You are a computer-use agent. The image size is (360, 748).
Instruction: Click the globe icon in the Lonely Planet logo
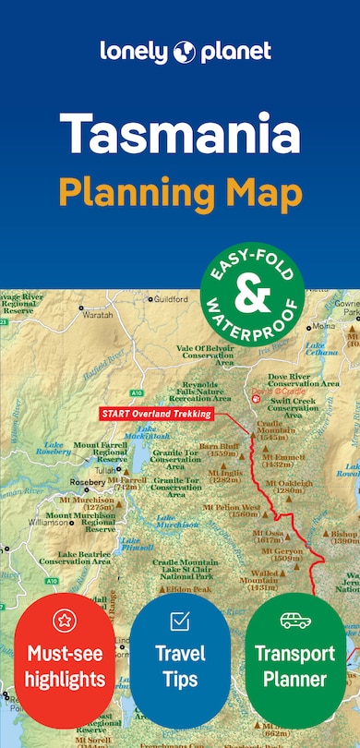coord(179,52)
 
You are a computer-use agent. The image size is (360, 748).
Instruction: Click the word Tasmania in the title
coord(179,137)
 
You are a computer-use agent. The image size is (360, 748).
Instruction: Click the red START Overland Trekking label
coord(156,415)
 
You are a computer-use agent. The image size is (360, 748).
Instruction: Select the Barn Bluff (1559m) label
coord(218,449)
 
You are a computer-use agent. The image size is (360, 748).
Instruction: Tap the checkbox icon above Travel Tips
coord(180,621)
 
